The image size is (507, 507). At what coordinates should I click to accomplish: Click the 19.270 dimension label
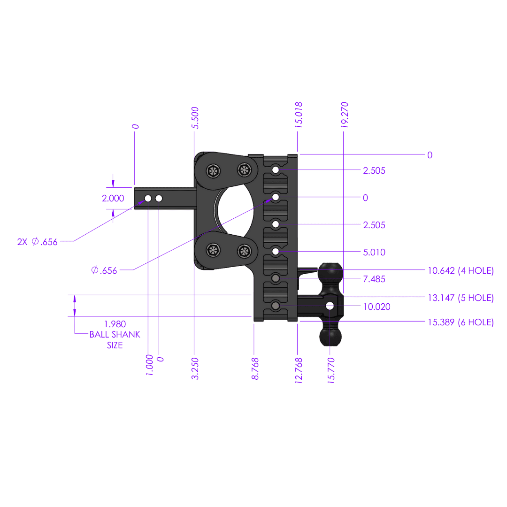pos(345,114)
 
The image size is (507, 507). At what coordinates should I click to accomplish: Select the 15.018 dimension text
pos(299,115)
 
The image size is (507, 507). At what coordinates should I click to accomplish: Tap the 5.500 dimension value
pos(195,118)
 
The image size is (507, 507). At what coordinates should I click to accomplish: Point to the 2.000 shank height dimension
pos(113,198)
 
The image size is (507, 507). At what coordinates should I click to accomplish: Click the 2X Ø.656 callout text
pos(37,242)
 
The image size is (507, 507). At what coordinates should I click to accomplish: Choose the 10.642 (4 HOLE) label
pos(461,270)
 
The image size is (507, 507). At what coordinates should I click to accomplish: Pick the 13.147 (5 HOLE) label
pos(461,298)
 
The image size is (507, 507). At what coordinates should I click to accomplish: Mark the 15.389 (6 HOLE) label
pos(461,323)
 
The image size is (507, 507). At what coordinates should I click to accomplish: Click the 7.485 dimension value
pos(374,279)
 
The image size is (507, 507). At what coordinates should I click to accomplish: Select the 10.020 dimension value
pos(376,307)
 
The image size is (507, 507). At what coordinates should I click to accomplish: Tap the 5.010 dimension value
pos(374,252)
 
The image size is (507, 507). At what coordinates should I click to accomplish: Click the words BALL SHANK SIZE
pos(115,340)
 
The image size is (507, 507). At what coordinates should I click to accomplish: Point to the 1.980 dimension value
pos(115,324)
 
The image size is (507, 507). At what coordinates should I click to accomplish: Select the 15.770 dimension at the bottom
pos(331,371)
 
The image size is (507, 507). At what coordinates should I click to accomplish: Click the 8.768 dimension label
pos(255,369)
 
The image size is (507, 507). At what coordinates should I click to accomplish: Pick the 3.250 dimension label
pos(195,369)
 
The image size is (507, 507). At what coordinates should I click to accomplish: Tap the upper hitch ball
pos(330,272)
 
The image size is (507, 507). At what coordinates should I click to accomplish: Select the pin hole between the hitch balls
pos(330,306)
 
